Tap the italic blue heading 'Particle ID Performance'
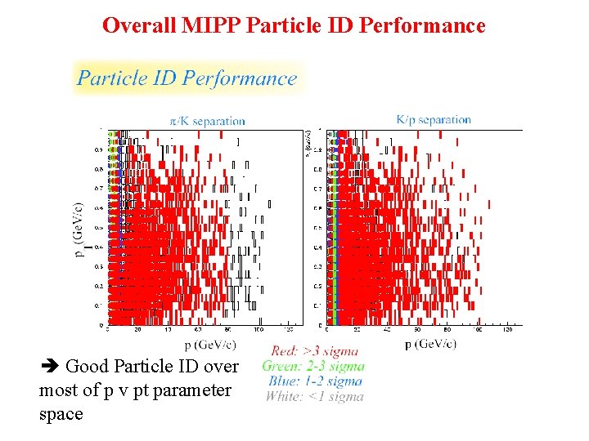(x=187, y=78)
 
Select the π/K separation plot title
(x=207, y=121)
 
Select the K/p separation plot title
(x=433, y=119)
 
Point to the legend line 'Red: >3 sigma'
(x=314, y=351)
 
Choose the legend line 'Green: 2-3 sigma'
(x=313, y=366)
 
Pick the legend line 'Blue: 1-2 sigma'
(x=313, y=381)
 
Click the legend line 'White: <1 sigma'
(x=313, y=396)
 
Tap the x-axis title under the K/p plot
(x=430, y=344)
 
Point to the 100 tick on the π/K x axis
(x=259, y=330)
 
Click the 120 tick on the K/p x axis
(x=508, y=330)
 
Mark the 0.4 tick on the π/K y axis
(x=99, y=247)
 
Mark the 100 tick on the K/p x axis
(x=478, y=330)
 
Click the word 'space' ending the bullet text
(x=61, y=414)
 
